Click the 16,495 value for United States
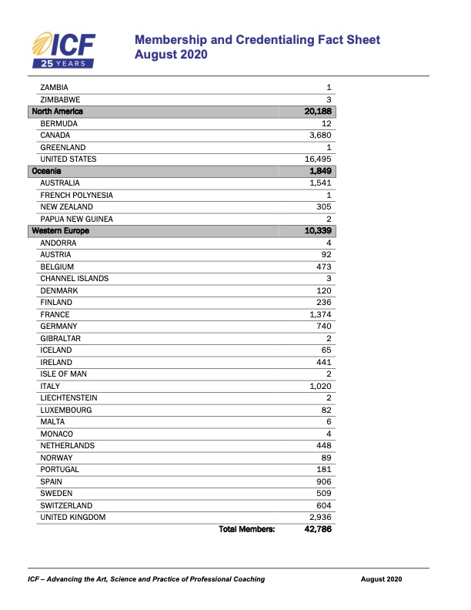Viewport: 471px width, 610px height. pyautogui.click(x=318, y=159)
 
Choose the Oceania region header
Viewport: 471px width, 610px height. pyautogui.click(x=46, y=171)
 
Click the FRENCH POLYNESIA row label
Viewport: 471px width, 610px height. pyautogui.click(x=76, y=195)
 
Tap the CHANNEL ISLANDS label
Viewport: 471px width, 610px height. pyautogui.click(x=74, y=278)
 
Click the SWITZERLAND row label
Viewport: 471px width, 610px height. pyautogui.click(x=67, y=505)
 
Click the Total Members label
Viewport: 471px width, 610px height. pyautogui.click(x=247, y=529)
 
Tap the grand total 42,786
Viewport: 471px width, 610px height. pyautogui.click(x=318, y=529)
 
